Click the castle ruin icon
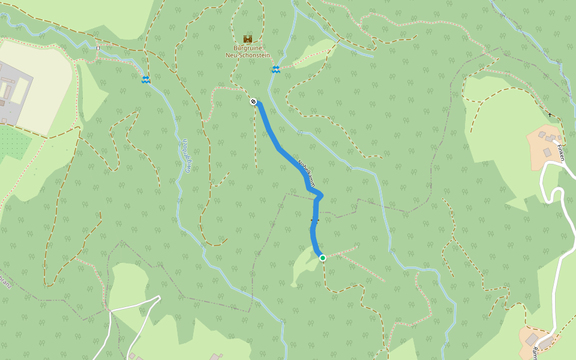tap(247, 39)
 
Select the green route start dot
tap(323, 258)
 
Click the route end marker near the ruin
tap(254, 101)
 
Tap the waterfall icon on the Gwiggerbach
tap(146, 80)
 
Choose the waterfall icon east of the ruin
tap(275, 70)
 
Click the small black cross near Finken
tap(550, 114)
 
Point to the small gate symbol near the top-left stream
tap(98, 48)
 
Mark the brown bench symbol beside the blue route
tap(313, 221)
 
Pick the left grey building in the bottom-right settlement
tap(532, 340)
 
